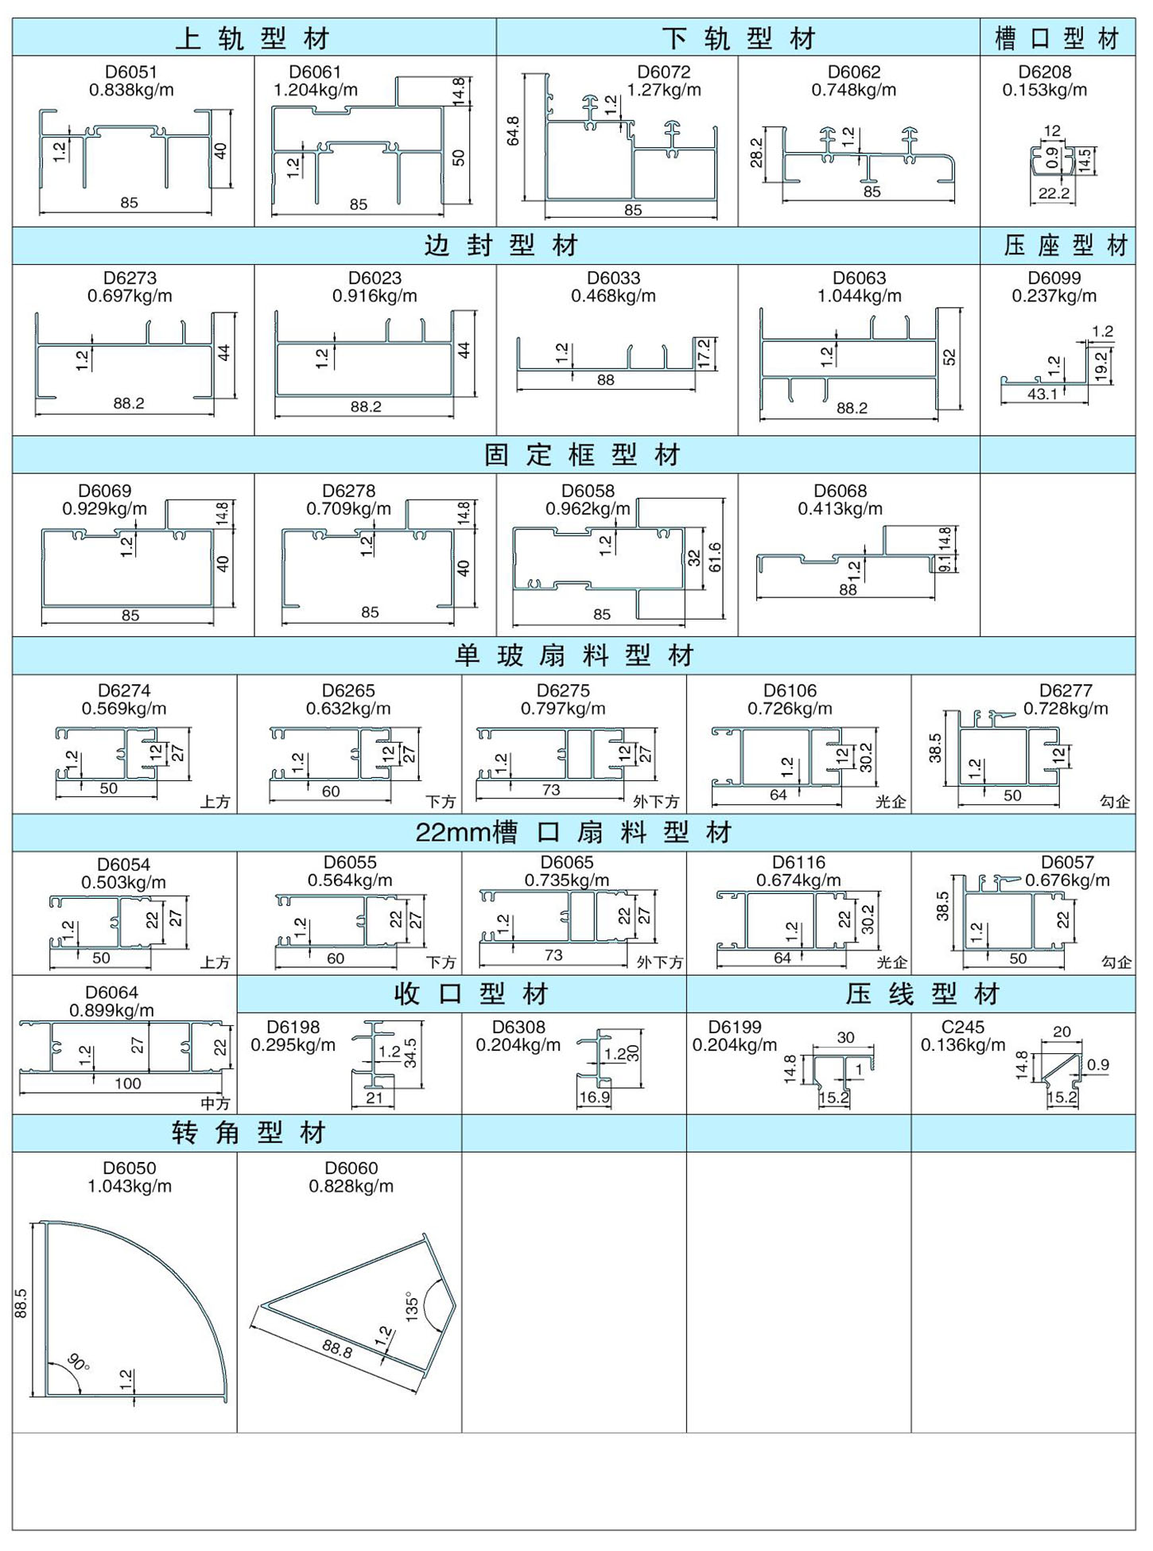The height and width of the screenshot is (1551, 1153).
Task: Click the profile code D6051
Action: coord(131,72)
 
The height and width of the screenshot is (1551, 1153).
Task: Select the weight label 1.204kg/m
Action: coord(316,90)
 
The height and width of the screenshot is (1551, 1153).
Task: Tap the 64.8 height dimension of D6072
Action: coord(513,131)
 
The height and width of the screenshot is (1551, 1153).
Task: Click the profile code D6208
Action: coord(1045,72)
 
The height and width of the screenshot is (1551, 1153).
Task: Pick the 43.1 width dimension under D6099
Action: coord(1042,394)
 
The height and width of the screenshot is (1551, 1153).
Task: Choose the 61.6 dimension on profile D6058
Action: coord(715,558)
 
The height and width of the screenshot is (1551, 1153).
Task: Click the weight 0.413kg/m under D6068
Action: coord(840,509)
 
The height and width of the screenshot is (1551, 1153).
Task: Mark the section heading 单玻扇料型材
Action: coord(575,655)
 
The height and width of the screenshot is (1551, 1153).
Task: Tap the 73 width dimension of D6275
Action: coord(551,790)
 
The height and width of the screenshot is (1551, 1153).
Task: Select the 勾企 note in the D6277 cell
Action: coord(1115,802)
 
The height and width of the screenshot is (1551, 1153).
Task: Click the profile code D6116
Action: coord(798,862)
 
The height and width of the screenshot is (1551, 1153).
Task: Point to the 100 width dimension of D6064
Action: coord(128,1083)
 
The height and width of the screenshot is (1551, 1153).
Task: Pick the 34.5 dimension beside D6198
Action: coord(410,1052)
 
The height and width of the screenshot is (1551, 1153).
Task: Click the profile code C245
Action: coord(963,1027)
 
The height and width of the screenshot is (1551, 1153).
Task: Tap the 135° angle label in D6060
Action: coord(411,1306)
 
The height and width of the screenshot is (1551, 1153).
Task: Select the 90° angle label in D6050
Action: coord(79,1362)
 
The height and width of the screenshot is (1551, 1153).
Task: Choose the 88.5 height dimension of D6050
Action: coord(21,1303)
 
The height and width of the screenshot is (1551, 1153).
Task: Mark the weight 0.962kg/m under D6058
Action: coord(588,509)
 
